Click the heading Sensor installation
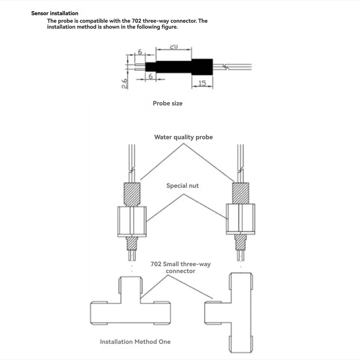click(x=54, y=13)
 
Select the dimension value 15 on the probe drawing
click(x=202, y=83)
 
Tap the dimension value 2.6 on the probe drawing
click(x=125, y=83)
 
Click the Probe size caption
click(x=167, y=103)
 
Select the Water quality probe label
click(x=183, y=137)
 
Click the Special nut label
click(x=182, y=185)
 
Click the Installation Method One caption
click(x=135, y=342)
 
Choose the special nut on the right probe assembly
click(x=240, y=219)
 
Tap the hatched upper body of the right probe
click(x=240, y=192)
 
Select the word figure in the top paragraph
click(x=169, y=27)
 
